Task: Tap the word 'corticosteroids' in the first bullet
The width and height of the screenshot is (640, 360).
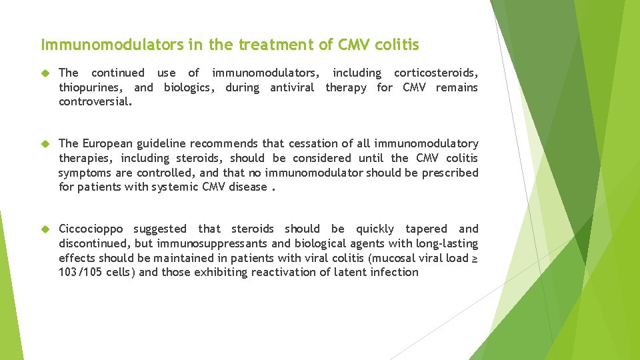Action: coord(435,73)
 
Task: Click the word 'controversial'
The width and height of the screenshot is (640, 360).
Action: coord(95,102)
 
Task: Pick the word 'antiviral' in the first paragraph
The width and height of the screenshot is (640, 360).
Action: coord(291,87)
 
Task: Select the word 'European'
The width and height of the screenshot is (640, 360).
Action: coord(109,143)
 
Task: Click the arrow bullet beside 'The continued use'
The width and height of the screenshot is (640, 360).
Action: coord(45,73)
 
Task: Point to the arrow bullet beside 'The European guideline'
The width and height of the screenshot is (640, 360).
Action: coord(45,143)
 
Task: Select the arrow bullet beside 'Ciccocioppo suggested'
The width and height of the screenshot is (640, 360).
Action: coord(45,229)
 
